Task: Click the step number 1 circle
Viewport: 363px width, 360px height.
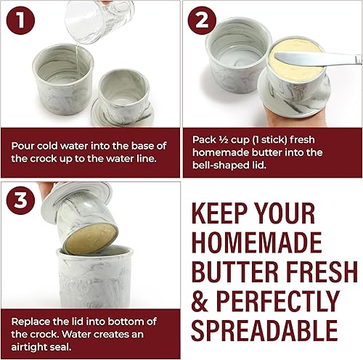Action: (x=23, y=22)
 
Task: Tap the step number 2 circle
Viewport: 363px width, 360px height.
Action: (x=205, y=22)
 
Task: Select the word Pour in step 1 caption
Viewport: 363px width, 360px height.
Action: (x=23, y=144)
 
